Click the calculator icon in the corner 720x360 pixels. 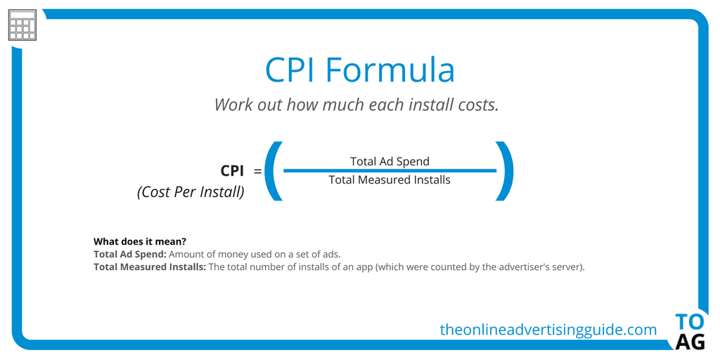point(22,25)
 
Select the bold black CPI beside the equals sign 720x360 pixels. point(232,171)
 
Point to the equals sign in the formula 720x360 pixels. point(257,172)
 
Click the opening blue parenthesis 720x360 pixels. point(274,171)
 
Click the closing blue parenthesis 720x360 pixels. point(504,171)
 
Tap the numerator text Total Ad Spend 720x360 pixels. point(390,161)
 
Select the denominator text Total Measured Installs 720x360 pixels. point(390,180)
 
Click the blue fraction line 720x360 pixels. point(390,171)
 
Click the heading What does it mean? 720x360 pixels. point(143,241)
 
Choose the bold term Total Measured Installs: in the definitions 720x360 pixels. point(150,266)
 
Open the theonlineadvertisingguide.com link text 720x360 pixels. point(548,329)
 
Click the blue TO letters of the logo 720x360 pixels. point(690,322)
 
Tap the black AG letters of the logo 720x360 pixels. point(690,342)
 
